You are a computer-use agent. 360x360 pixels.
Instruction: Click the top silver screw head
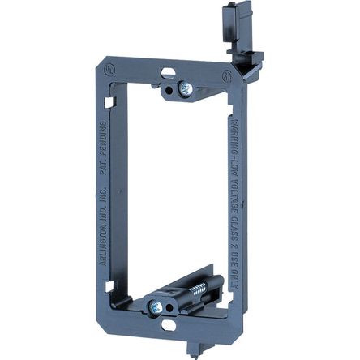[186, 87]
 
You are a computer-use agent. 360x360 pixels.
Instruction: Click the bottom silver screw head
[153, 306]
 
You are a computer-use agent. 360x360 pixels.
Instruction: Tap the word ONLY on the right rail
[245, 272]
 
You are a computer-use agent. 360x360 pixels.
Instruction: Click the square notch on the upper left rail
[111, 103]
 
